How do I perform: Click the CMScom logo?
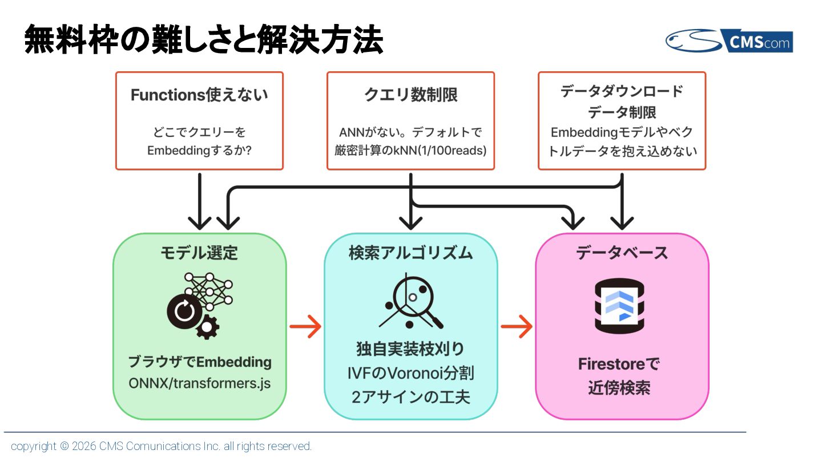point(729,40)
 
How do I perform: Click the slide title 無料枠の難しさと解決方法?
point(204,39)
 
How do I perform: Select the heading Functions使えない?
point(199,95)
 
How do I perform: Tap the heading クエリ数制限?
point(410,95)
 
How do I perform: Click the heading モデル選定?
point(199,253)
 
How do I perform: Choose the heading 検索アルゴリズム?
point(410,253)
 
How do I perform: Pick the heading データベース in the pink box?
point(622,253)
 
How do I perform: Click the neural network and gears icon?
point(200,306)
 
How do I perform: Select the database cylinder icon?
point(619,306)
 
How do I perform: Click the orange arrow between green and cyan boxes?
point(305,326)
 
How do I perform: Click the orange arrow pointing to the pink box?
point(517,326)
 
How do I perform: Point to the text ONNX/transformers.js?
point(200,383)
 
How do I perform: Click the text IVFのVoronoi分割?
point(410,373)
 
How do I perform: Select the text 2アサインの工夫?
point(410,397)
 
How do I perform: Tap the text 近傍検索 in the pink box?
point(619,388)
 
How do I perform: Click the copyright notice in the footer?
point(161,446)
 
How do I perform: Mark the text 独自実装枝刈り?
point(410,348)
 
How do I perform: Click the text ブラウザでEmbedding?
point(200,362)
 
